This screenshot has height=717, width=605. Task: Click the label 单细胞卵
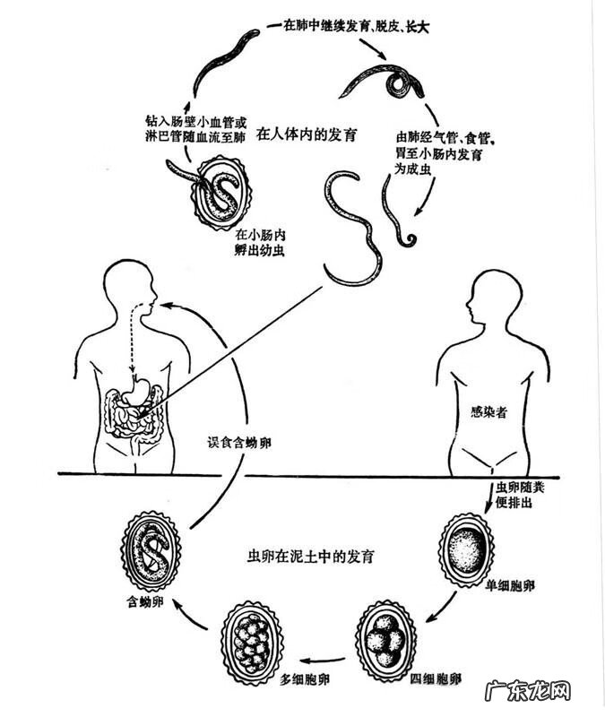511,583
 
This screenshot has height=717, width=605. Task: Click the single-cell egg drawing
466,548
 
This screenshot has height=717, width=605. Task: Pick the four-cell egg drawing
386,637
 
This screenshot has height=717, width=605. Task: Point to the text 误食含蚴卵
238,441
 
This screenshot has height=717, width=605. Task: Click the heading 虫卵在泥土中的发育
310,557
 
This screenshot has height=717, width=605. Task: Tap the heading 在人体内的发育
307,135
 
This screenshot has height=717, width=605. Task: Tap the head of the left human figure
130,289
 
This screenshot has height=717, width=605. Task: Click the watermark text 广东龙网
527,692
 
